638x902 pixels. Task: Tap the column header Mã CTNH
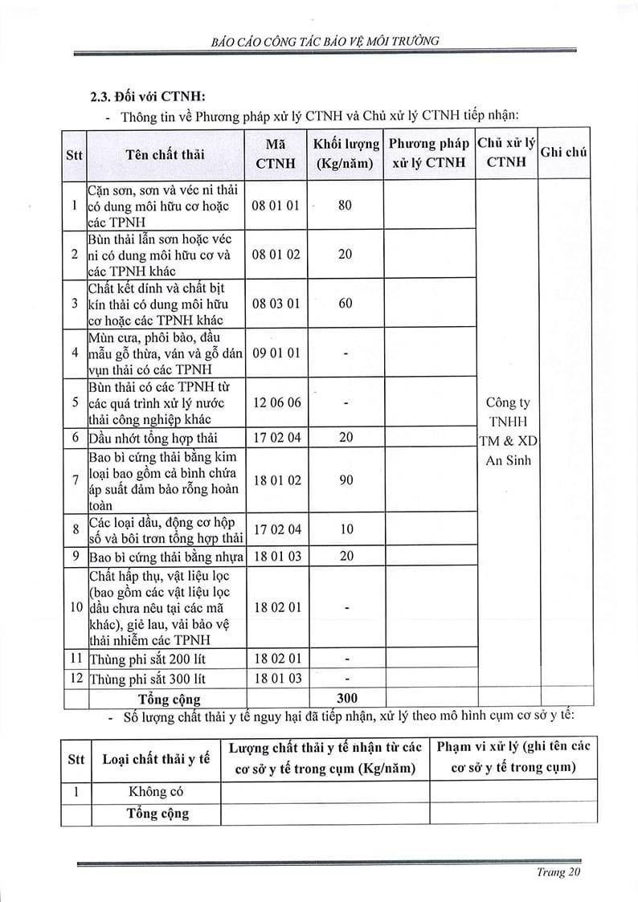pyautogui.click(x=276, y=153)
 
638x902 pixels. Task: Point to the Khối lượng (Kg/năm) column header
pyautogui.click(x=346, y=153)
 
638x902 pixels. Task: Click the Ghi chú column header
pyautogui.click(x=564, y=152)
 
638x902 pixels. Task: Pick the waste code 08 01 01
pyautogui.click(x=276, y=206)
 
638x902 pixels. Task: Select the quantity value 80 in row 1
pyautogui.click(x=346, y=206)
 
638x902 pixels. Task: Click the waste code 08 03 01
pyautogui.click(x=276, y=304)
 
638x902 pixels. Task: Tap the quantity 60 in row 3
pyautogui.click(x=346, y=304)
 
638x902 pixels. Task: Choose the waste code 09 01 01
pyautogui.click(x=276, y=353)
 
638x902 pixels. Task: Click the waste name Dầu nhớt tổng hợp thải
pyautogui.click(x=154, y=438)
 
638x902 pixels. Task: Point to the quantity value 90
pyautogui.click(x=346, y=480)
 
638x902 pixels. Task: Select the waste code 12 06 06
pyautogui.click(x=276, y=402)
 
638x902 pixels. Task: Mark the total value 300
pyautogui.click(x=346, y=697)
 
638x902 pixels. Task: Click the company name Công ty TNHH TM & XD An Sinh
pyautogui.click(x=508, y=431)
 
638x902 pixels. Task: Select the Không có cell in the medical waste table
pyautogui.click(x=156, y=791)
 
